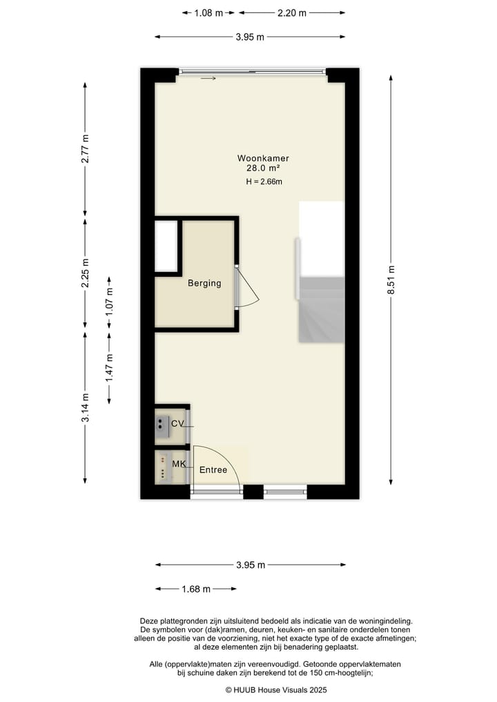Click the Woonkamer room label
(x=263, y=158)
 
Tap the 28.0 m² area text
(x=263, y=168)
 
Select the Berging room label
(x=204, y=283)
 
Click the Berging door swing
(x=247, y=288)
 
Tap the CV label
(x=177, y=424)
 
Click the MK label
(x=179, y=464)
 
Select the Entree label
(x=213, y=470)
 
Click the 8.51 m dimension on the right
(x=391, y=280)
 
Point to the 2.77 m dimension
(x=85, y=148)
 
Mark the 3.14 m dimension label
(x=85, y=408)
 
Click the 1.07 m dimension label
(x=109, y=302)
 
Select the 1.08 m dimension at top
(x=208, y=12)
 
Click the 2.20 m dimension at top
(x=292, y=12)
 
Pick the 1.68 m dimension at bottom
(x=196, y=589)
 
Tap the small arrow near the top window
(x=208, y=79)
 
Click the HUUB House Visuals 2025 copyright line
(x=276, y=690)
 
